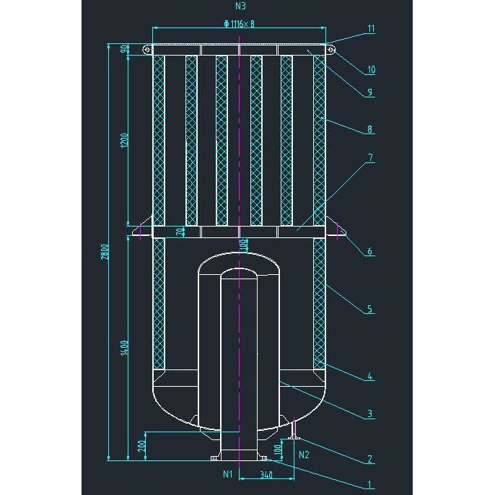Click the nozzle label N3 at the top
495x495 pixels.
pyautogui.click(x=240, y=6)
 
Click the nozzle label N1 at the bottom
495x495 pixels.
pyautogui.click(x=227, y=474)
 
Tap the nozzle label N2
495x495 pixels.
pyautogui.click(x=304, y=455)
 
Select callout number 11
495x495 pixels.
pyautogui.click(x=371, y=29)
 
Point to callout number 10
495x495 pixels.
pyautogui.click(x=371, y=70)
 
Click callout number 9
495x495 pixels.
pyautogui.click(x=369, y=92)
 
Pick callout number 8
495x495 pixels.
pyautogui.click(x=369, y=130)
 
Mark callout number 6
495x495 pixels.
pyautogui.click(x=369, y=252)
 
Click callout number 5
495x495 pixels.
pyautogui.click(x=369, y=309)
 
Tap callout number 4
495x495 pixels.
pyautogui.click(x=369, y=376)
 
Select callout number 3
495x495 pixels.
pyautogui.click(x=369, y=413)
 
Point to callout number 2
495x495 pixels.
pyautogui.click(x=369, y=459)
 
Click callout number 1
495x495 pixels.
pyautogui.click(x=369, y=485)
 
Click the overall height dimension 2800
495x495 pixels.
pyautogui.click(x=105, y=251)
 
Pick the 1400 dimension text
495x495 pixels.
pyautogui.click(x=124, y=348)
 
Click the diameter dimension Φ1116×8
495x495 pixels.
pyautogui.click(x=240, y=24)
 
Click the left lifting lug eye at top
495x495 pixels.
pyautogui.click(x=146, y=50)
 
